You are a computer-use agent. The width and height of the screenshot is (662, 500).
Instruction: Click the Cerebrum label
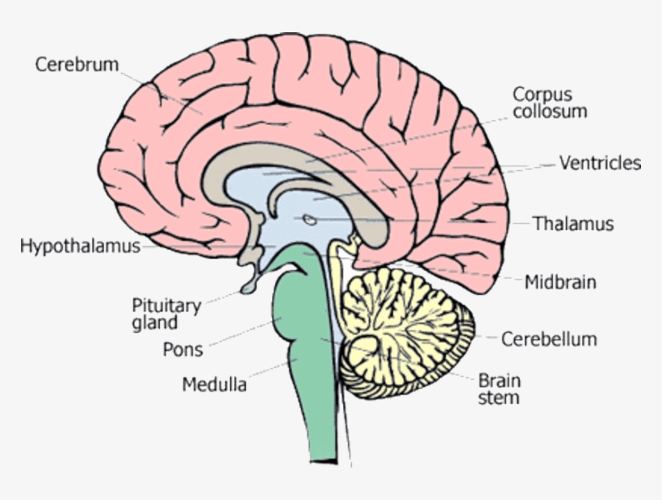tap(77, 65)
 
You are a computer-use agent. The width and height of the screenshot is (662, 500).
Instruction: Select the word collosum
tap(549, 111)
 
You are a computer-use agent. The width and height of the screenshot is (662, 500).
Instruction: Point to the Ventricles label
tap(600, 164)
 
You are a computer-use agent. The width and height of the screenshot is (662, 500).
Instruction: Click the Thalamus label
tap(573, 224)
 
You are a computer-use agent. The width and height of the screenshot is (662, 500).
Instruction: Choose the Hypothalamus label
tap(80, 246)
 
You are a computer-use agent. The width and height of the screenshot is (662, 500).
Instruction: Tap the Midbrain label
tap(560, 282)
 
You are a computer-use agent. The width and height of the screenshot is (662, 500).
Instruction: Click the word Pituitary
tap(166, 306)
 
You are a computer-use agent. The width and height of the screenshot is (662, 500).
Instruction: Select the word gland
tap(154, 324)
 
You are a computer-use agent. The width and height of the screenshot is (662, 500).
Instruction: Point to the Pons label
tap(182, 350)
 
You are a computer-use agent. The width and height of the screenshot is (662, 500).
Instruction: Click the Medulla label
tap(214, 385)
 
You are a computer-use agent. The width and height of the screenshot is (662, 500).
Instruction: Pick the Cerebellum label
tap(549, 340)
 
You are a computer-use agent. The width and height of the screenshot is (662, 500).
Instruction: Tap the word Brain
tap(500, 381)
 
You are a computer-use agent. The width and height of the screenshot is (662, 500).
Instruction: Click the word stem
tap(498, 398)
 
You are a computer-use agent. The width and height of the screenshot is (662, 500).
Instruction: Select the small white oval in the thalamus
tap(309, 218)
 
